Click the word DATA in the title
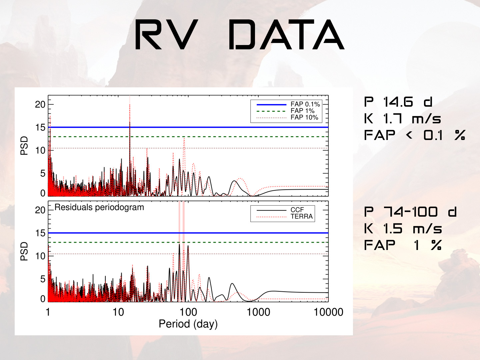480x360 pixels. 286,35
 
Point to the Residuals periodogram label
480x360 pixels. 99,207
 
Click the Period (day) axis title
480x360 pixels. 188,324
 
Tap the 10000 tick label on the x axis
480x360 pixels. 328,312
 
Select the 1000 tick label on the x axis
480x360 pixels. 258,312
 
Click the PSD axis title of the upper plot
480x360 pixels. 24,146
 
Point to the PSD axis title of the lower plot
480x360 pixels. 24,251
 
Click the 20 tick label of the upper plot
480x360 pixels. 40,104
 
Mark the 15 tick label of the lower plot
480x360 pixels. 40,233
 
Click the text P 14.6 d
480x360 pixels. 398,102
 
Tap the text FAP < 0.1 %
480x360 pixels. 414,135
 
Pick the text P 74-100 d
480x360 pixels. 410,212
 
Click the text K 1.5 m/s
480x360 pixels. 403,229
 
